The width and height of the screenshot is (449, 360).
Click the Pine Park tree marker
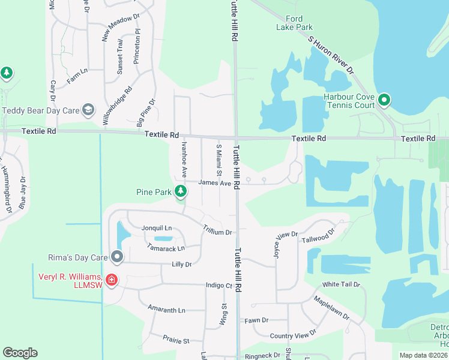pyautogui.click(x=180, y=192)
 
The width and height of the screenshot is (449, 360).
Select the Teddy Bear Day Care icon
pyautogui.click(x=88, y=109)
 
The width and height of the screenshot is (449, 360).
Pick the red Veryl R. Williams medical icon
pyautogui.click(x=111, y=280)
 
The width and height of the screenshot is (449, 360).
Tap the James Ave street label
pyautogui.click(x=214, y=183)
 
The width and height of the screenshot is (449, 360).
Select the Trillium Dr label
pyautogui.click(x=217, y=232)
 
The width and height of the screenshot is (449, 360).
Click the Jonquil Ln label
pyautogui.click(x=157, y=228)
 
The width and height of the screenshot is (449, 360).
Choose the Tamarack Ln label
pyautogui.click(x=166, y=248)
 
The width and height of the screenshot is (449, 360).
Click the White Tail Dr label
pyautogui.click(x=340, y=284)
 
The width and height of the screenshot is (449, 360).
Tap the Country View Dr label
pyautogui.click(x=292, y=334)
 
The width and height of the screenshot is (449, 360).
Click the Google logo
pyautogui.click(x=20, y=353)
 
